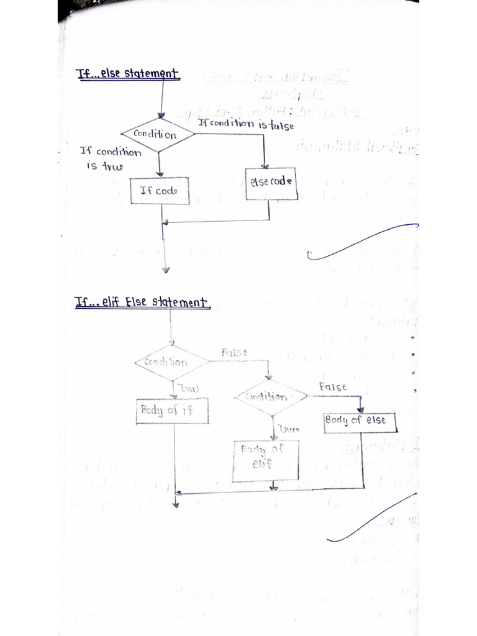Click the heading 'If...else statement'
coord(127,75)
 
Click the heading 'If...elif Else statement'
coord(142,302)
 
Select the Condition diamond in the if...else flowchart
coord(158,134)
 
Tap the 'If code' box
coord(158,191)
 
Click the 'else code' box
coord(269,183)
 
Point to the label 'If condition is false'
coord(246,124)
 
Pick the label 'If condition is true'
coord(110,158)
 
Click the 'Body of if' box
coord(172,411)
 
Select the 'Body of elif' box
coord(265,460)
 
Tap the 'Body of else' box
coord(360,421)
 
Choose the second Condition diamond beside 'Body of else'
coord(270,396)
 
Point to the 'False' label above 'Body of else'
coord(332,387)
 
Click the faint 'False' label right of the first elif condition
coord(234,352)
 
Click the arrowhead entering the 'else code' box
coord(265,165)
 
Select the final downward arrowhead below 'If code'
coord(165,270)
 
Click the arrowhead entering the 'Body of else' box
coord(360,410)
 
